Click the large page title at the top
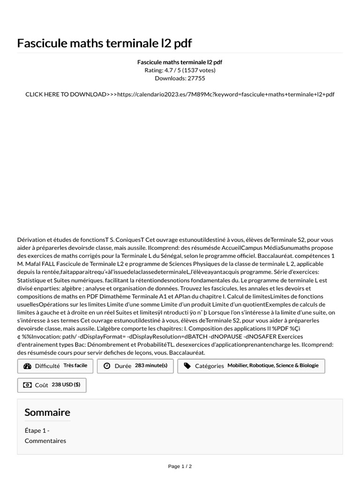(x=105, y=43)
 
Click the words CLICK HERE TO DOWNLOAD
(x=66, y=94)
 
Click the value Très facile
(x=75, y=366)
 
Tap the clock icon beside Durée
(x=107, y=366)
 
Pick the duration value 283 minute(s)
(x=151, y=366)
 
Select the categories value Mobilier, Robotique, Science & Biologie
(x=273, y=366)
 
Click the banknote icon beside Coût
(x=27, y=385)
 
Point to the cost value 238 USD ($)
(x=66, y=385)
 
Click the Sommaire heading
(x=47, y=412)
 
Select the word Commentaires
(x=45, y=441)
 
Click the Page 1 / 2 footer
(x=180, y=466)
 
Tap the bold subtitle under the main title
(x=180, y=62)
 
